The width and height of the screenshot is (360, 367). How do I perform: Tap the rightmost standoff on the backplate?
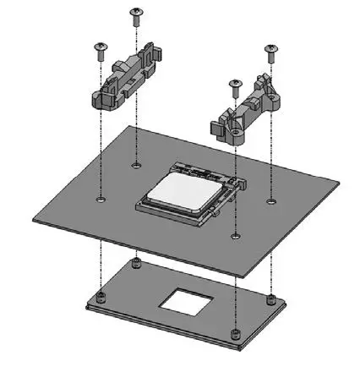point(270,299)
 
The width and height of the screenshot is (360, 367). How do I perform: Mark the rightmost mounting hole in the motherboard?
point(270,201)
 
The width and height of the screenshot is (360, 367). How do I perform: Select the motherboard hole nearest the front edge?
point(235,236)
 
